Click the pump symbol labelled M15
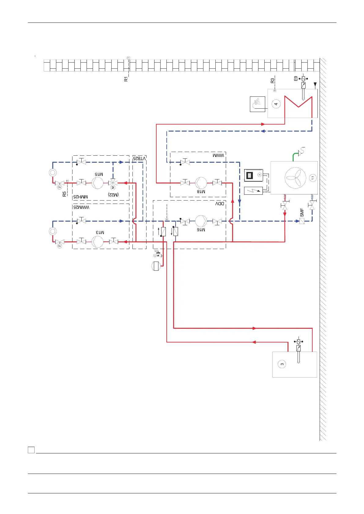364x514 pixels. point(97,183)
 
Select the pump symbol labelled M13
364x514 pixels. point(97,242)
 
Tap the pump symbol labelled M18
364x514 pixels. point(201,183)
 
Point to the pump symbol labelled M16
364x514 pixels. point(201,221)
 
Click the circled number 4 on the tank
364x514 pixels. point(276,104)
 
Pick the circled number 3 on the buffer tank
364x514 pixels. point(282,364)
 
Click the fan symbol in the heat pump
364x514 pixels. point(295,178)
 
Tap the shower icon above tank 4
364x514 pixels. point(258,104)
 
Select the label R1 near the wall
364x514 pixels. point(126,79)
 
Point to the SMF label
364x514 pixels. point(302,213)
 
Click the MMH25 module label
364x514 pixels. point(80,197)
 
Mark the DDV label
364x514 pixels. point(220,204)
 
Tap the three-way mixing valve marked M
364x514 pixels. point(113,183)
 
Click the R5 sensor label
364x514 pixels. point(64,194)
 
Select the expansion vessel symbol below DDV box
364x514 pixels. point(156,266)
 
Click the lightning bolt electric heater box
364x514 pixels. point(253,190)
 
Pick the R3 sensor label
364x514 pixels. point(272,81)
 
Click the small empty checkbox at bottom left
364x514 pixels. point(31,450)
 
